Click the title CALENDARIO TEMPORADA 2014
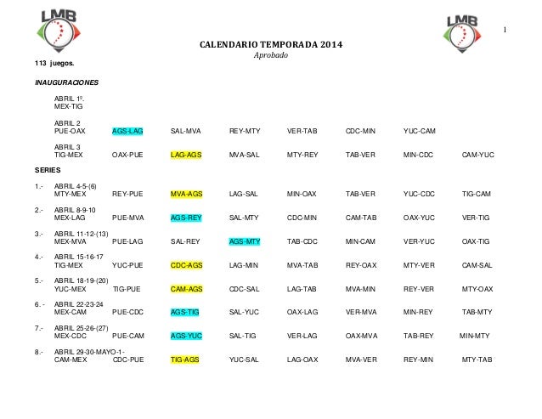[272, 46]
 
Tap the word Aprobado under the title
[272, 56]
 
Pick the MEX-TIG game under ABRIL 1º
[68, 108]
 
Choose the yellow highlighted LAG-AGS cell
[186, 156]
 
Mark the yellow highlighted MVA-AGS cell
[186, 194]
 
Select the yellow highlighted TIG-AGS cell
[185, 360]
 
